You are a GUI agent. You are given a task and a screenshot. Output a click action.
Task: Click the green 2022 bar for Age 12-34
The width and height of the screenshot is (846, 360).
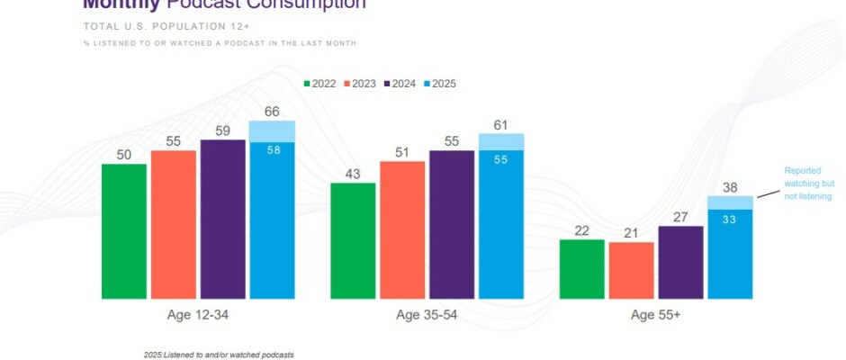[124, 231]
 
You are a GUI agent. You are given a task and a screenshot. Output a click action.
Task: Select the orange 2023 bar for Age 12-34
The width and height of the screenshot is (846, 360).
[174, 225]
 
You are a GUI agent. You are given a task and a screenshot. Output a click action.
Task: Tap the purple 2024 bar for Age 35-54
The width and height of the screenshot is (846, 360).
[452, 225]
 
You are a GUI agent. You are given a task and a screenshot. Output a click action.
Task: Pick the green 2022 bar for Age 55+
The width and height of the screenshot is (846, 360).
[582, 269]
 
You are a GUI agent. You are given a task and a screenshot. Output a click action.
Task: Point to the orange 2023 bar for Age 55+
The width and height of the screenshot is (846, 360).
[632, 271]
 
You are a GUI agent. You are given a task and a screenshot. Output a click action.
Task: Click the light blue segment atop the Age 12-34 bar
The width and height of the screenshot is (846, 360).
[272, 130]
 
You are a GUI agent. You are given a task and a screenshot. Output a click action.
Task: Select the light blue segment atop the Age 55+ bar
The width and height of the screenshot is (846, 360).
[730, 202]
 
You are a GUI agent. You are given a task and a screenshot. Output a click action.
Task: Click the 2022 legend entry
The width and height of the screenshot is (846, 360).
[319, 84]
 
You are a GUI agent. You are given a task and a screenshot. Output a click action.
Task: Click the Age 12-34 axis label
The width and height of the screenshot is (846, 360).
[198, 315]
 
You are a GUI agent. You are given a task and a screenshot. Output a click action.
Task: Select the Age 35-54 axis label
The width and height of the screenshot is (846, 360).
[427, 315]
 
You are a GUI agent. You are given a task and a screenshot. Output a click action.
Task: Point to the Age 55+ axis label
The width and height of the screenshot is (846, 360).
[656, 315]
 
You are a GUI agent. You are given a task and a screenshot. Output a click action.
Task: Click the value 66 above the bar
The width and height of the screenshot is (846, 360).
[272, 112]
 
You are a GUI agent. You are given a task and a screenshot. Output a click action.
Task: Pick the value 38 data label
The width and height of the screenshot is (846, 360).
[730, 188]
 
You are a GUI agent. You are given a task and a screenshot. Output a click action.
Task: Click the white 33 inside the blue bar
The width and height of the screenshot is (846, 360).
[730, 218]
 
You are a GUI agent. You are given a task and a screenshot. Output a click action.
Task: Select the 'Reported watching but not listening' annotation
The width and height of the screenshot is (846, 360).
[807, 183]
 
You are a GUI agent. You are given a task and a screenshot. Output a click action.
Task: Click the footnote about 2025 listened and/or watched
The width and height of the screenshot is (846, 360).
[219, 355]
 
